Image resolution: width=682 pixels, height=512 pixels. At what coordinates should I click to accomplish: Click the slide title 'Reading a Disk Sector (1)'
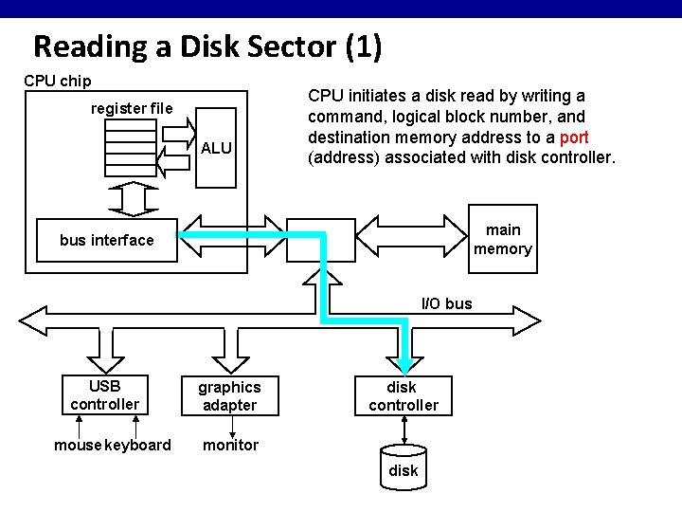click(207, 46)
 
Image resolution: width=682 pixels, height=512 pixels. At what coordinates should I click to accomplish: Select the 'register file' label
click(132, 108)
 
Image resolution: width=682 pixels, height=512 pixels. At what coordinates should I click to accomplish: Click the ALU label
click(216, 147)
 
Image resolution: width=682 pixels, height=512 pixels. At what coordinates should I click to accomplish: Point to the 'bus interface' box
click(106, 240)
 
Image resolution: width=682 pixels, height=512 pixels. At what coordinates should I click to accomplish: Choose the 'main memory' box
click(502, 239)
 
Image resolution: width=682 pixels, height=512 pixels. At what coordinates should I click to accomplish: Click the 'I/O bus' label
click(446, 304)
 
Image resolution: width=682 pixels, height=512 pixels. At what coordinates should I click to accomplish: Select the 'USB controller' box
click(104, 395)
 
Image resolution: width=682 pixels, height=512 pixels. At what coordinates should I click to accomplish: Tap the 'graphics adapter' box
click(229, 396)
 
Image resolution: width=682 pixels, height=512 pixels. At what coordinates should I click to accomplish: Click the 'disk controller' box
click(404, 396)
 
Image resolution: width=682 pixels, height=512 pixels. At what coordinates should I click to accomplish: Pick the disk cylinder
click(403, 466)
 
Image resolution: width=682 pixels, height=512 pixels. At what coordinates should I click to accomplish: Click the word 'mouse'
click(78, 446)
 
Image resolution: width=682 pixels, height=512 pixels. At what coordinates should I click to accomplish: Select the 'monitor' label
click(229, 446)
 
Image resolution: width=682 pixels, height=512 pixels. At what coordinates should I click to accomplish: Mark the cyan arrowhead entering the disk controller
click(404, 365)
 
